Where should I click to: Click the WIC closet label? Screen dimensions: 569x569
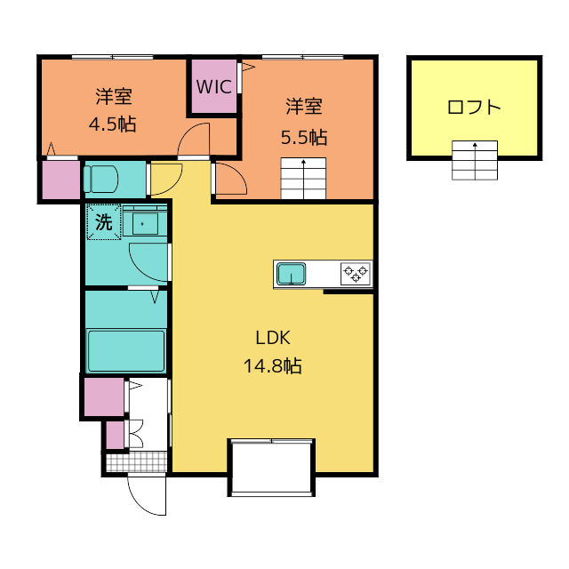[x=213, y=87]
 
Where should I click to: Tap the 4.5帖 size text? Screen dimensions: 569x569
[x=112, y=124]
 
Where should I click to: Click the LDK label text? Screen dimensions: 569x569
[x=273, y=338]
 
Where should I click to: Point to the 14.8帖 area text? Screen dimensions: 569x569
[x=273, y=365]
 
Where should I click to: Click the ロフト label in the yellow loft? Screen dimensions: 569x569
[x=474, y=108]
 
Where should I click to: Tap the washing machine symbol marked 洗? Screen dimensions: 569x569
[x=103, y=222]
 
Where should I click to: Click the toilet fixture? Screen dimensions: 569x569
[x=101, y=179]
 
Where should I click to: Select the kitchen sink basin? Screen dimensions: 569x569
[x=291, y=275]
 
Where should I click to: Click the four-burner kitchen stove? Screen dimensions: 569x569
[x=356, y=274]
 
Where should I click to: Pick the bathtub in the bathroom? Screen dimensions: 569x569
[x=125, y=350]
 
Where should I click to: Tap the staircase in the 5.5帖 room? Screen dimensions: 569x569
[x=305, y=179]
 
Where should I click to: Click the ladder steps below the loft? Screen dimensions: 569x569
[x=475, y=160]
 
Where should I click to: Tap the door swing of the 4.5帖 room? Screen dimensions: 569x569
[x=193, y=140]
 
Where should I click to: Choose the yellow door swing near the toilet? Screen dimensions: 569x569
[x=165, y=180]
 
